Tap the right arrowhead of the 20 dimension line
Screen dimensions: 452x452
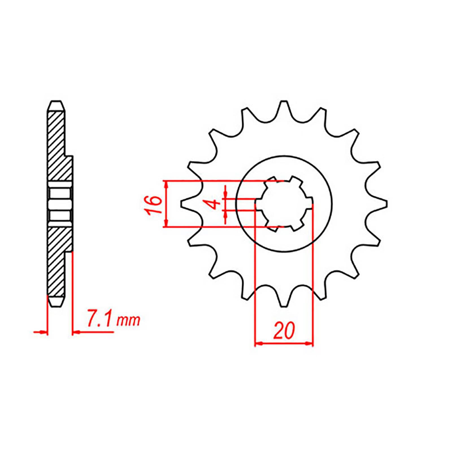[310, 344]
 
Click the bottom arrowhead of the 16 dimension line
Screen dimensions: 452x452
[166, 224]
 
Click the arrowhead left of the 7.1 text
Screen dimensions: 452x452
[76, 332]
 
